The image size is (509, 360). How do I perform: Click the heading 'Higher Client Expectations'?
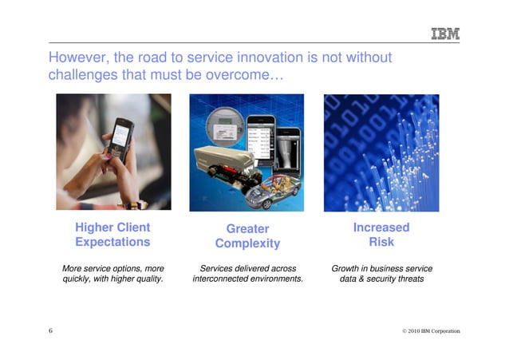click(x=112, y=235)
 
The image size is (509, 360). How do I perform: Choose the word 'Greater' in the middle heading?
click(x=247, y=229)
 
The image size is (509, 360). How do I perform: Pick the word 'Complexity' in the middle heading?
click(x=247, y=243)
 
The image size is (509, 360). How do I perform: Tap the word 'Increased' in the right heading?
click(x=381, y=227)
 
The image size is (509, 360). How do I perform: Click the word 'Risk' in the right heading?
click(x=381, y=242)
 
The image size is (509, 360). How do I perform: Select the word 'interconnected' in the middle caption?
click(x=225, y=279)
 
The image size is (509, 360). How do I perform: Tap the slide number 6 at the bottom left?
click(x=50, y=330)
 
